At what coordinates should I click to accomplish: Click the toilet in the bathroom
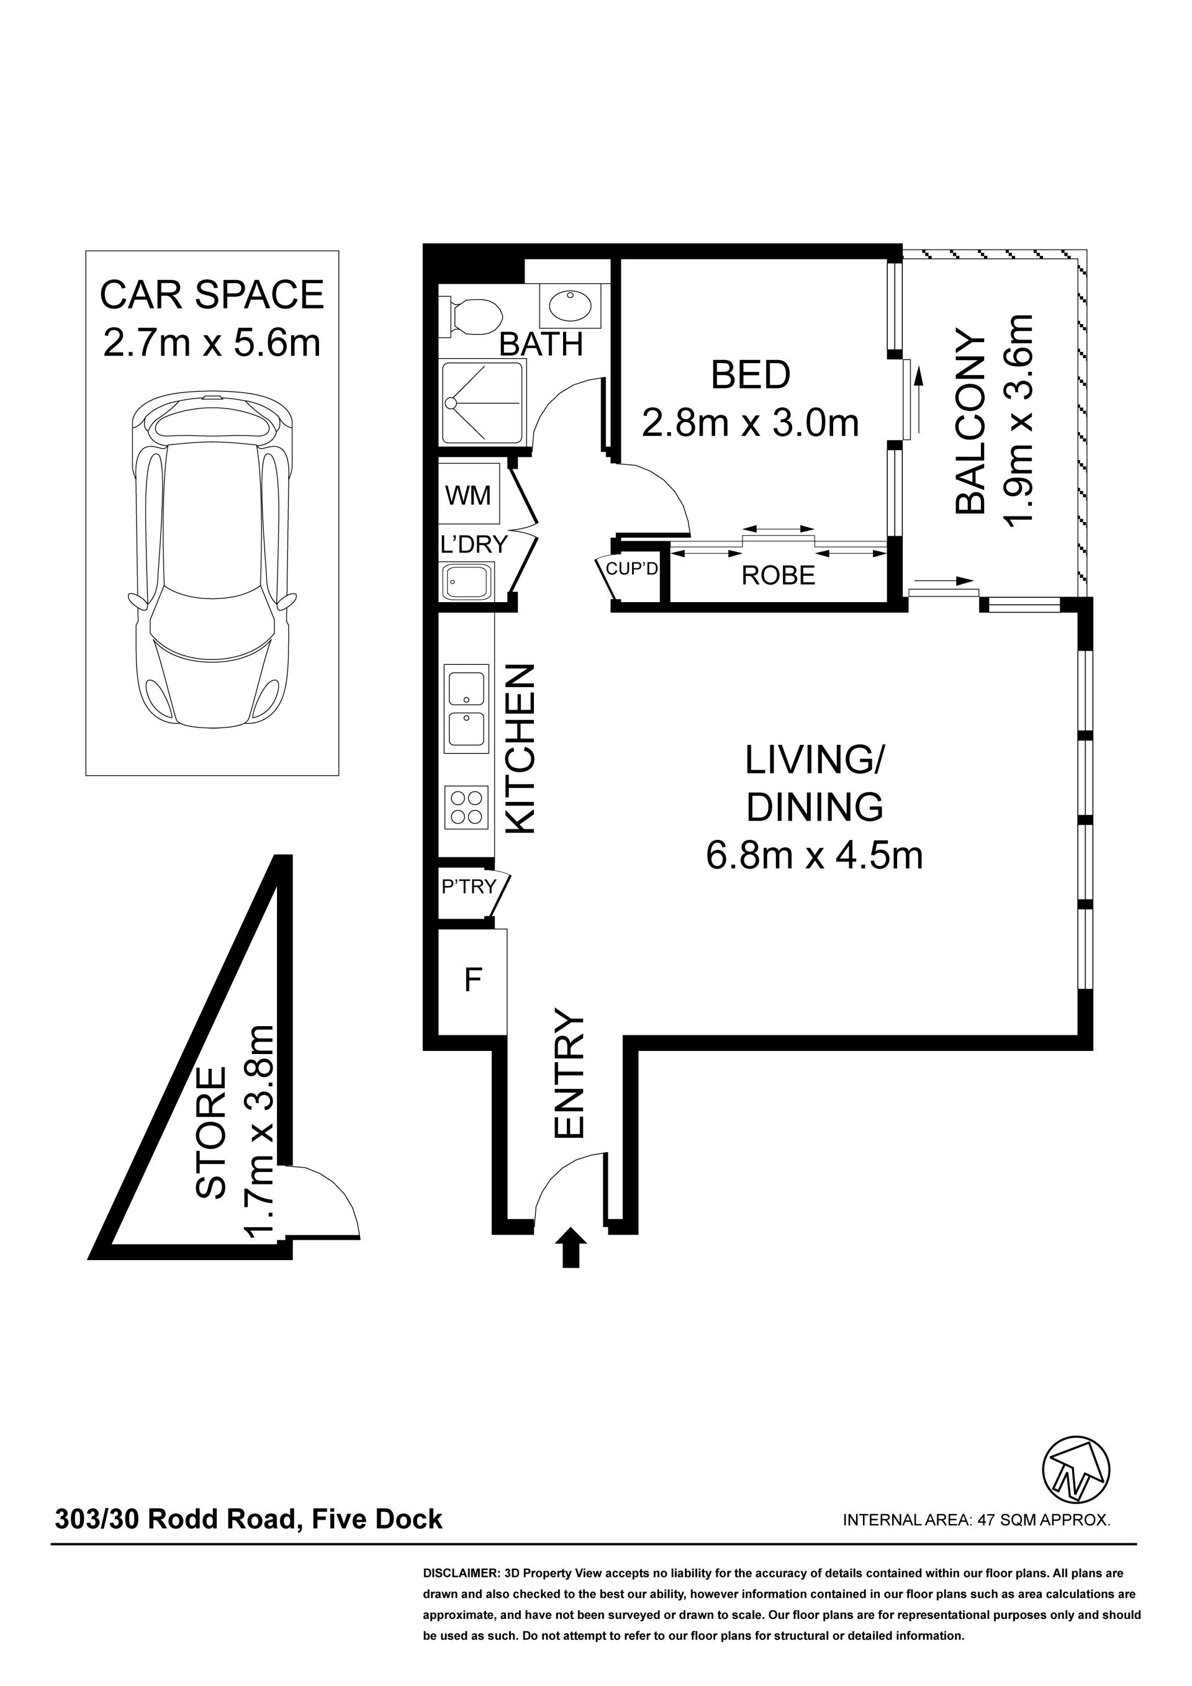pyautogui.click(x=470, y=317)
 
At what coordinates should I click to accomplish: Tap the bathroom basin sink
pyautogui.click(x=569, y=306)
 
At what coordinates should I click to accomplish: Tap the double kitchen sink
pyautogui.click(x=466, y=709)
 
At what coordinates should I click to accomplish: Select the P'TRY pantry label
pyautogui.click(x=469, y=886)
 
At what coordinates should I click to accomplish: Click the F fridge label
pyautogui.click(x=473, y=980)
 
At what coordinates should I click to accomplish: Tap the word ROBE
pyautogui.click(x=779, y=575)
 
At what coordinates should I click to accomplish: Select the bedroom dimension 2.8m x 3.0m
pyautogui.click(x=751, y=424)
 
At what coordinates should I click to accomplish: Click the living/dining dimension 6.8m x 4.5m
pyautogui.click(x=815, y=855)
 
